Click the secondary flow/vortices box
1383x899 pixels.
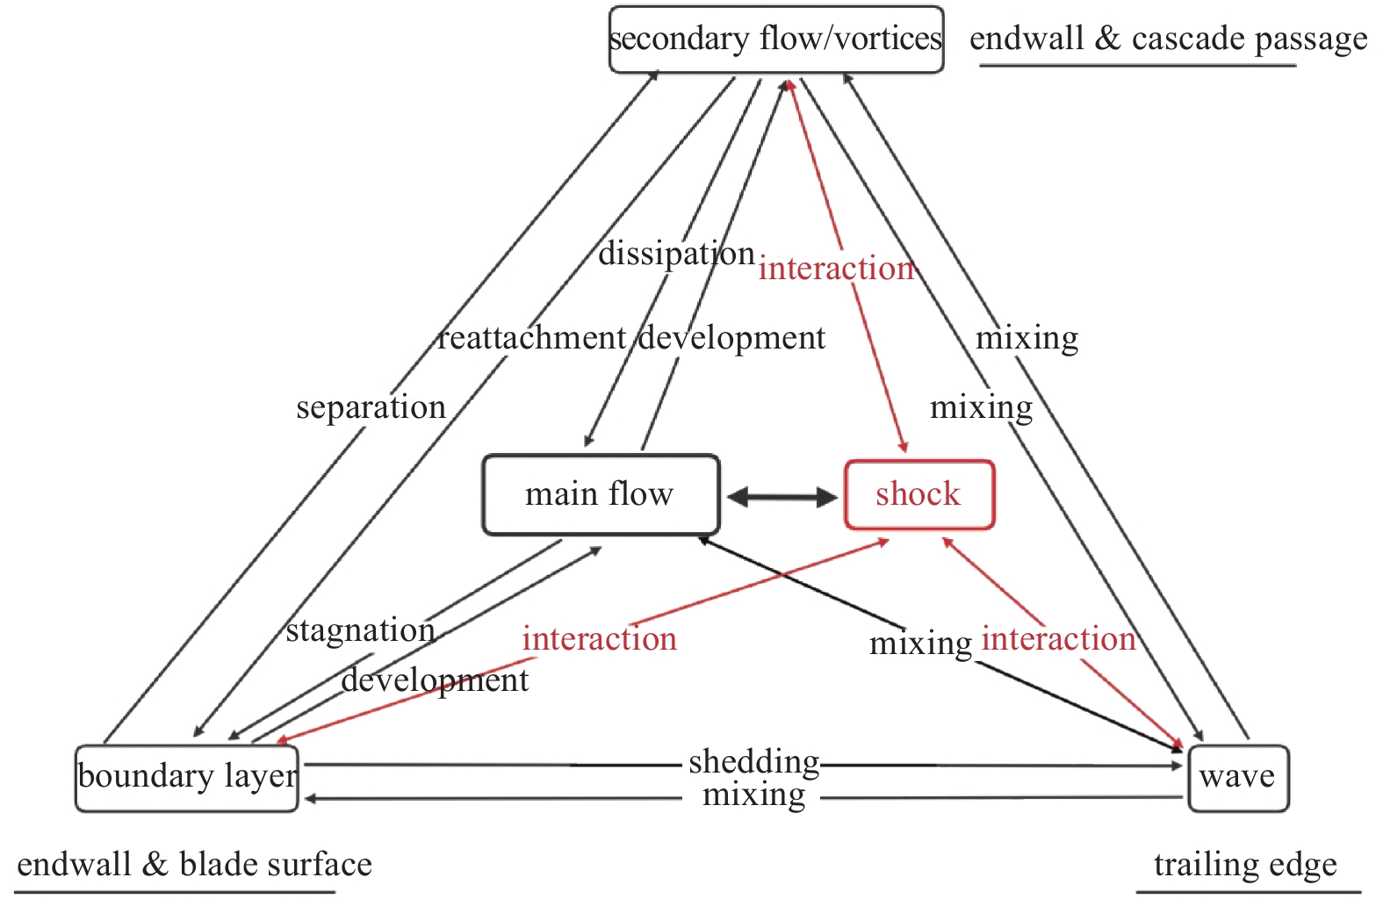coord(776,40)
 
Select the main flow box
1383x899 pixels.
coord(601,494)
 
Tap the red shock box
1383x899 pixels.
coord(918,494)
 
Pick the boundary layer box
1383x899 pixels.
coord(187,778)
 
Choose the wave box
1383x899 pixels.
coord(1237,778)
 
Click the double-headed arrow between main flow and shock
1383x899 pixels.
coord(782,497)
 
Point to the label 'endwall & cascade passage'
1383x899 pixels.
coord(1168,39)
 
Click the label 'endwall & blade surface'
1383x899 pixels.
coord(194,865)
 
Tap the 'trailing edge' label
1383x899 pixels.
coord(1245,865)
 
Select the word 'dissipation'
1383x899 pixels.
coord(676,254)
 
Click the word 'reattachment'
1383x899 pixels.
coord(532,338)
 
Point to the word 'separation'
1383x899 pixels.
coord(371,407)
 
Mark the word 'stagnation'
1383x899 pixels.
coord(360,630)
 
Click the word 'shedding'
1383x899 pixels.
coord(753,761)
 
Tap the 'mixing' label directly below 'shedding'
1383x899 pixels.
coord(753,795)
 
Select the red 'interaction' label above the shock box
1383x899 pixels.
coord(836,269)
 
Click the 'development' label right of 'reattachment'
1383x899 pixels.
coord(732,338)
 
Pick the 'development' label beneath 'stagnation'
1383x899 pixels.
coord(435,680)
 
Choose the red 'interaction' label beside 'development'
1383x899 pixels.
coord(599,639)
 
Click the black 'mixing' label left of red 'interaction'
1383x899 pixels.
coord(920,644)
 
